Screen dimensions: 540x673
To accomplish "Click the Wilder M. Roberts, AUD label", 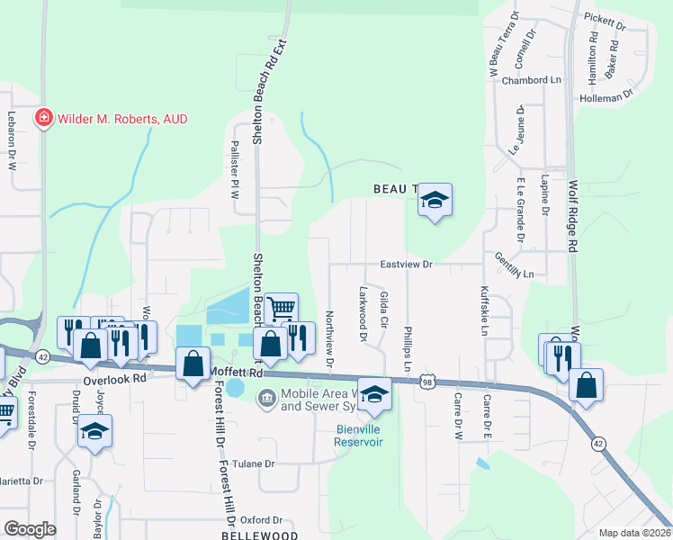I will (x=121, y=119).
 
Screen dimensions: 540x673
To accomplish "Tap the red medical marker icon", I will (x=42, y=118).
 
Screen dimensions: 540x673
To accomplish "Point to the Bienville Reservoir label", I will (x=358, y=436).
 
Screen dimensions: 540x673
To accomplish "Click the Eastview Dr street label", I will (x=407, y=265).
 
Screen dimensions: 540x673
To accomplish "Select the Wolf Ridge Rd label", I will (x=572, y=216).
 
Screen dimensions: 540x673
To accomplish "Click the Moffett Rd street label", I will (x=236, y=372).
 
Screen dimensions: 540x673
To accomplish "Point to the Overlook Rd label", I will (x=114, y=379).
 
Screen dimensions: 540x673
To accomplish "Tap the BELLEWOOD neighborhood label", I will (x=262, y=535).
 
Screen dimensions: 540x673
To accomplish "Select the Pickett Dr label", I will (x=604, y=19).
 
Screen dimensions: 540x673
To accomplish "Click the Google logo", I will (x=30, y=528).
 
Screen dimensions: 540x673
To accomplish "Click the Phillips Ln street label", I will (x=408, y=349).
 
